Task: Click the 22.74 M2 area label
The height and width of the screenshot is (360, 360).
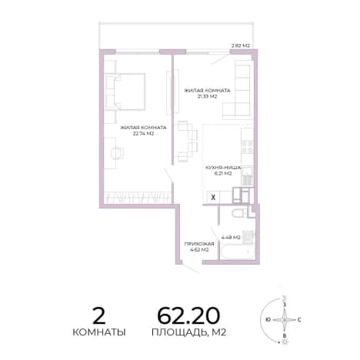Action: point(143,134)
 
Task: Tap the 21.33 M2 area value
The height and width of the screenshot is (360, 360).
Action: point(207,96)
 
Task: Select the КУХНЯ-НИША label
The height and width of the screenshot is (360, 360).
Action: point(223,168)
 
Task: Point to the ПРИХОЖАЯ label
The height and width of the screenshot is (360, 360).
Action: point(199,244)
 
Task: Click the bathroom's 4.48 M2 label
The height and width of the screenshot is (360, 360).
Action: point(231,238)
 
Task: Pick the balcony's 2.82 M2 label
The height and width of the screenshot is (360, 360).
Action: point(241,46)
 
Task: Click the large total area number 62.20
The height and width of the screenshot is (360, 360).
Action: point(188,315)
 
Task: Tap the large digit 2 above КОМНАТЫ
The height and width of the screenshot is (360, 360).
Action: point(99,315)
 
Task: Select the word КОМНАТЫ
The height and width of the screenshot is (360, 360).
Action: point(99,332)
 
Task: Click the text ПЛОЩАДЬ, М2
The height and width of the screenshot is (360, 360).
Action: point(189,332)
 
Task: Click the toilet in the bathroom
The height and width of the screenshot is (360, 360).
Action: point(239,213)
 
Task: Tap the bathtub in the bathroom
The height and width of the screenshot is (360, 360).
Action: point(237,252)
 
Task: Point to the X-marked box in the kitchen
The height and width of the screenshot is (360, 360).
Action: point(213,198)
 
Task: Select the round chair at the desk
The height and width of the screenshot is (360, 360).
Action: point(118,153)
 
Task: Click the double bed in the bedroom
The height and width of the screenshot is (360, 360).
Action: point(125,92)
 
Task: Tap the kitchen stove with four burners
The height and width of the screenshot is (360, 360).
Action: point(247,147)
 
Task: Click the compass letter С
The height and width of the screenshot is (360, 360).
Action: point(299,320)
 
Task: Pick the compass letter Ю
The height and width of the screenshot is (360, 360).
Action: point(268,320)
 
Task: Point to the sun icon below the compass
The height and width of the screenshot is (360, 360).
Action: point(285,342)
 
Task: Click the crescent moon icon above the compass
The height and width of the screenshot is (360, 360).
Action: point(284,298)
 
